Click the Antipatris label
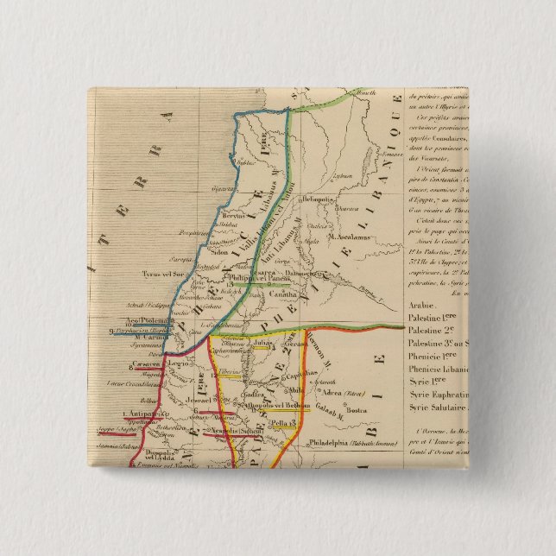point(136,413)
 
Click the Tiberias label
point(227,373)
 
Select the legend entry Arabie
point(424,306)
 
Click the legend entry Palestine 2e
point(436,330)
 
